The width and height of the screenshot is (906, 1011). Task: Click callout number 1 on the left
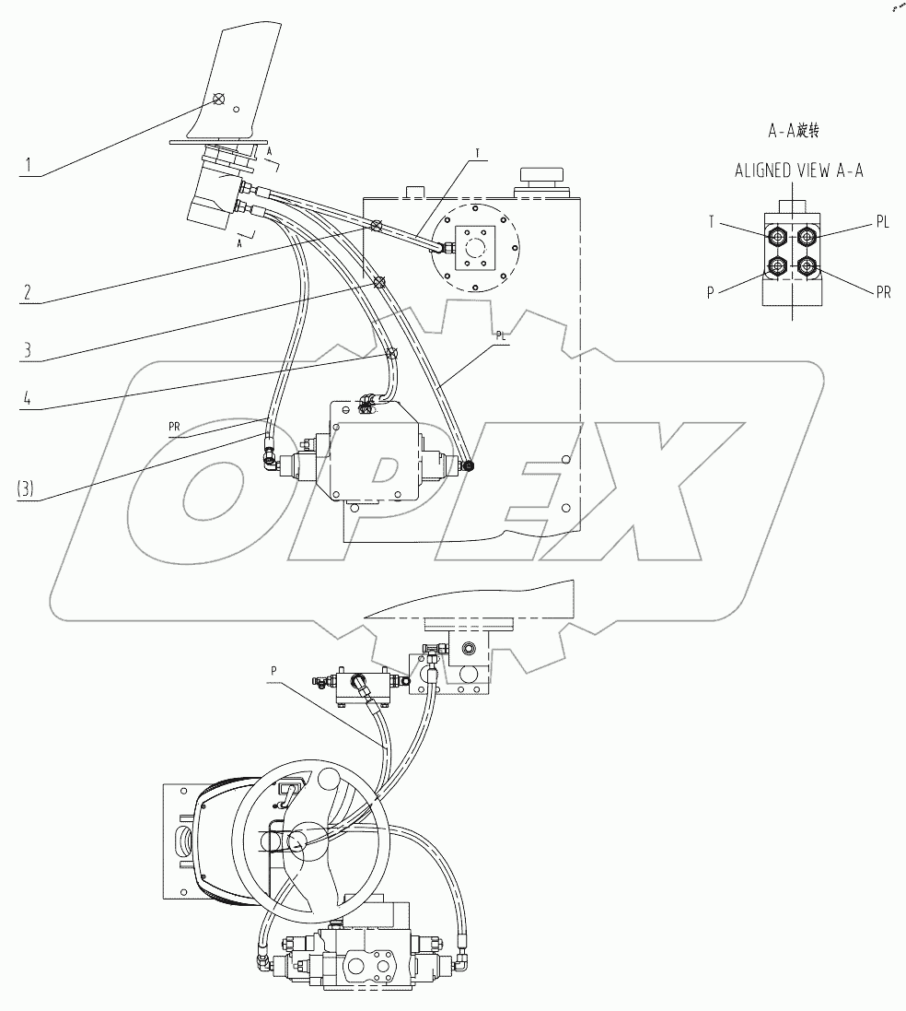point(29,166)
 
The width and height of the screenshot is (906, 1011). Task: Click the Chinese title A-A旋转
point(794,131)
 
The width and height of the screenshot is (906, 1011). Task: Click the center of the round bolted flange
point(476,246)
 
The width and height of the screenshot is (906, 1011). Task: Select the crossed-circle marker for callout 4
point(391,352)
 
